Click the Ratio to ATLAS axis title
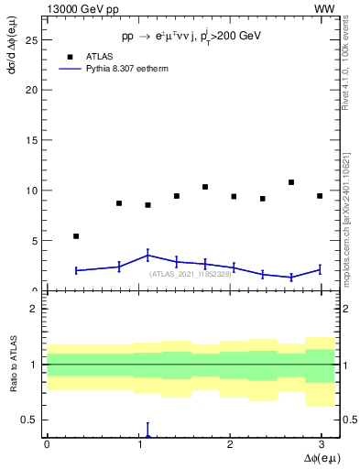(13, 365)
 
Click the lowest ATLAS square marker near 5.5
(76, 236)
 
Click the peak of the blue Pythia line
(147, 256)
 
